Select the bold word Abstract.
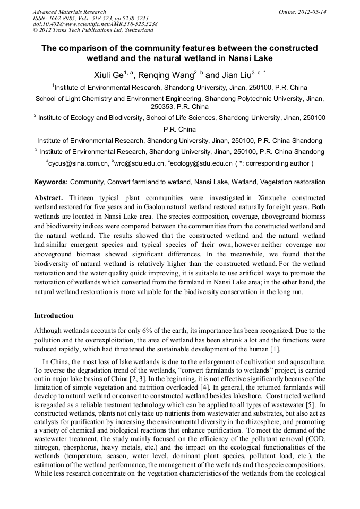tap(49, 197)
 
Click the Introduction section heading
tap(54, 316)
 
